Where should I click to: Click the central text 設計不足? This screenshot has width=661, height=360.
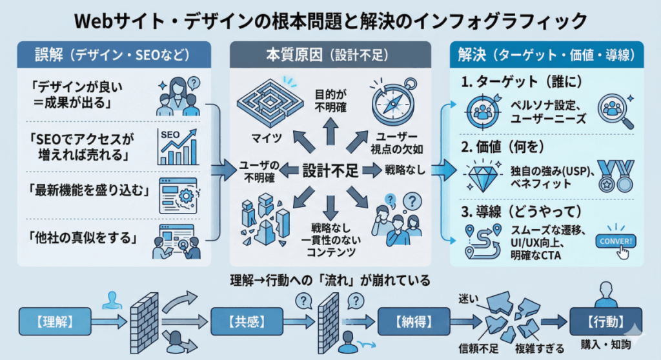pyautogui.click(x=330, y=170)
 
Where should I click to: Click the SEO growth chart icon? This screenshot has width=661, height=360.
pyautogui.click(x=176, y=146)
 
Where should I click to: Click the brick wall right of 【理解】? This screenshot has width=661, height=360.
pyautogui.click(x=144, y=318)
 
